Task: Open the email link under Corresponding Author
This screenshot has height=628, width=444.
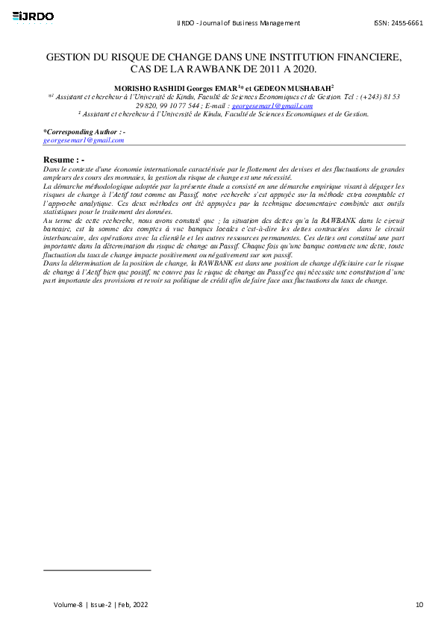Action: [x=84, y=140]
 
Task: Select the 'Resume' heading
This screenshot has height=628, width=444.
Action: [x=59, y=160]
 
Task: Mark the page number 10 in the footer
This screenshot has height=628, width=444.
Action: [x=419, y=603]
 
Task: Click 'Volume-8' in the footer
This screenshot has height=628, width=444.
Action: [x=67, y=603]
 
